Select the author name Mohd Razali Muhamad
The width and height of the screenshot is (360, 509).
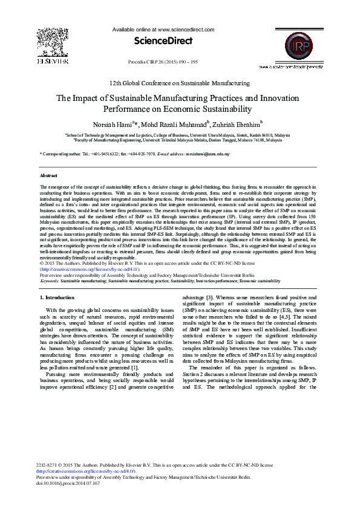point(175,124)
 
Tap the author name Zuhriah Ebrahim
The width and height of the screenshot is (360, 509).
point(235,124)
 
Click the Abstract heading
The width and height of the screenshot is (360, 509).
point(48,175)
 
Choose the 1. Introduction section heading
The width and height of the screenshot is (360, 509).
point(57,298)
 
